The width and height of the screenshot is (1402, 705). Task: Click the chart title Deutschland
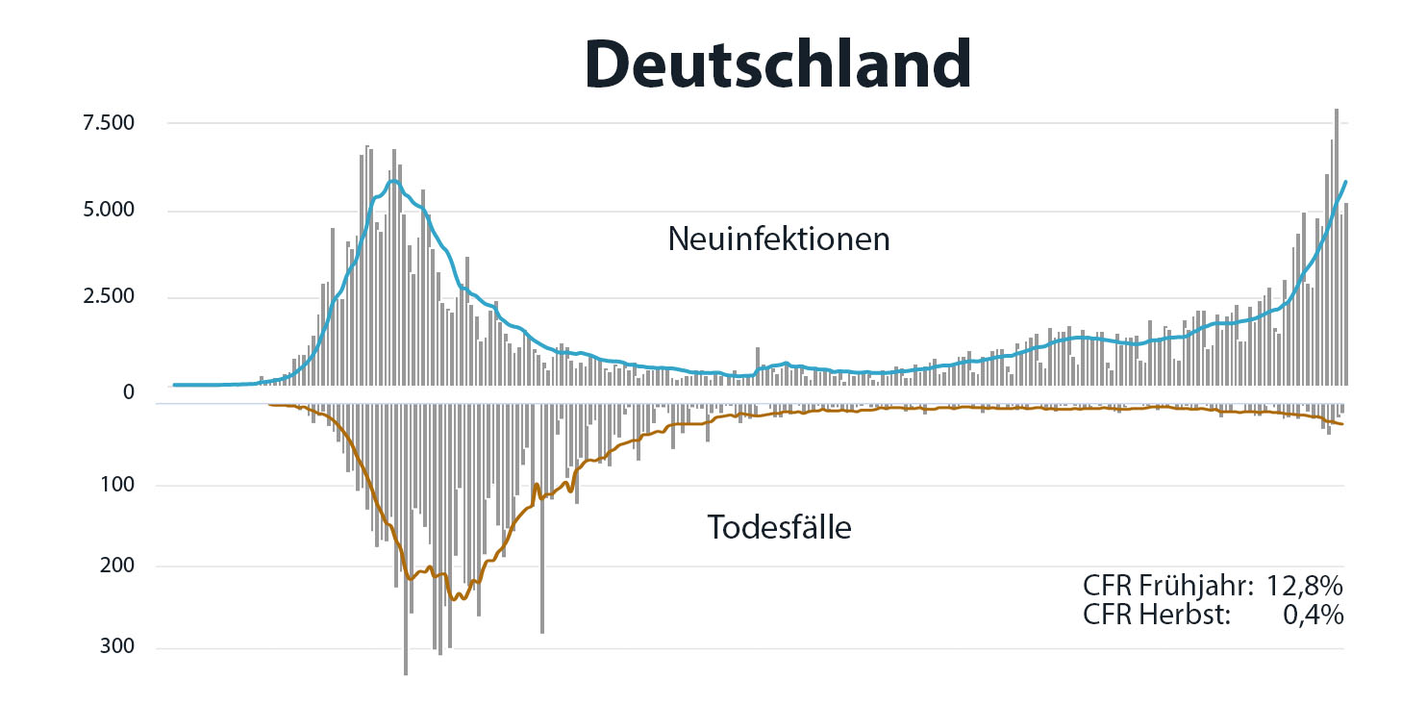click(x=777, y=64)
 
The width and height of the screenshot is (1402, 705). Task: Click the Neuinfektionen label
click(x=779, y=239)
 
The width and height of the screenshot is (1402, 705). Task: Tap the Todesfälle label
click(x=780, y=527)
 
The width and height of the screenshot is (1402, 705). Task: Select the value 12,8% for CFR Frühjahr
click(x=1305, y=586)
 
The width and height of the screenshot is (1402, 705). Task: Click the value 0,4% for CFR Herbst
click(x=1314, y=615)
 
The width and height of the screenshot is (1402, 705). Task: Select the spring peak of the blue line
click(x=393, y=181)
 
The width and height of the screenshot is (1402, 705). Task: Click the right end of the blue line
click(x=1345, y=181)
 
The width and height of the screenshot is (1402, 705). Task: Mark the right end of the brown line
click(x=1343, y=424)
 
